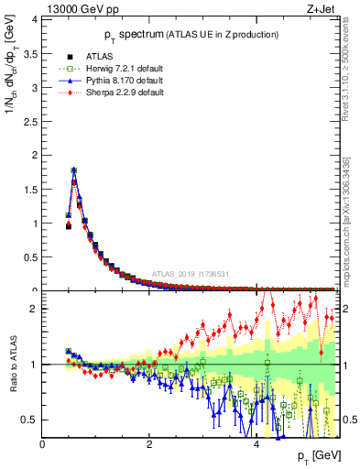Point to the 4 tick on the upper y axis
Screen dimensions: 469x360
tap(34, 19)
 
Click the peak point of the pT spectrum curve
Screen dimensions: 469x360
tap(73, 169)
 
